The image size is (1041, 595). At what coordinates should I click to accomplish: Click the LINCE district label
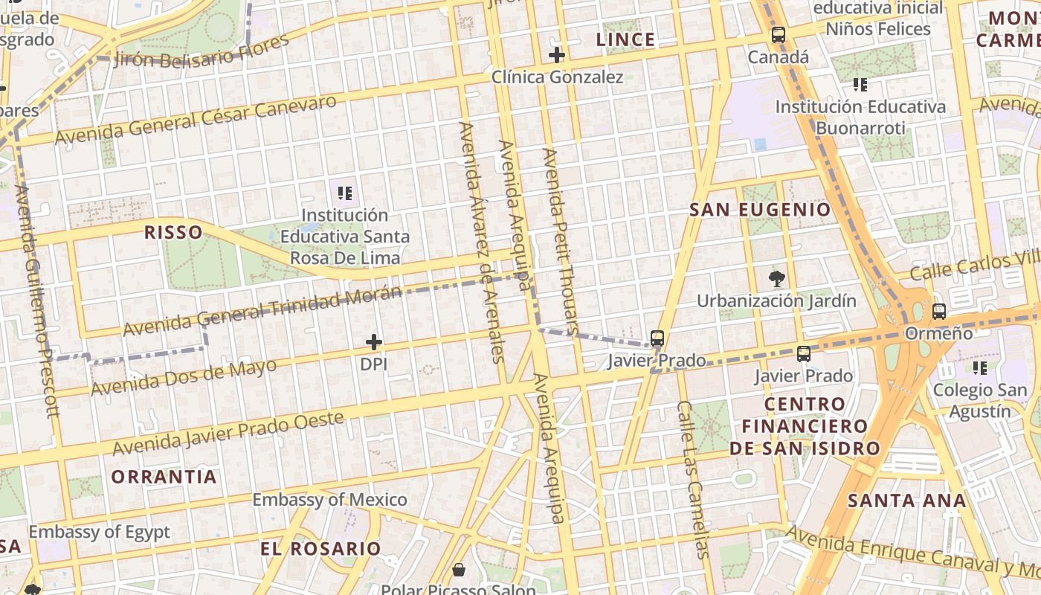point(625,39)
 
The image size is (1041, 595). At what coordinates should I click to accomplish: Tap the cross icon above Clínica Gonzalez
point(557,54)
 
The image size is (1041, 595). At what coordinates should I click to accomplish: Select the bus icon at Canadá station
point(778,35)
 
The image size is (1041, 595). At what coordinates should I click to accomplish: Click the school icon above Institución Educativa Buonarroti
point(860,85)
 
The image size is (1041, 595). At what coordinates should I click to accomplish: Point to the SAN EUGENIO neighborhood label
point(760,210)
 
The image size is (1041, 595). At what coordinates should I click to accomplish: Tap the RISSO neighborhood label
point(173,232)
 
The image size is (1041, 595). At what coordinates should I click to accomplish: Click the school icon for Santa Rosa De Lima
point(344,193)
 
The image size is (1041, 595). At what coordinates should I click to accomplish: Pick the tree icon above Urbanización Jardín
point(776,280)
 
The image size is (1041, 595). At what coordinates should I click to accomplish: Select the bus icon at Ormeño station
point(938,312)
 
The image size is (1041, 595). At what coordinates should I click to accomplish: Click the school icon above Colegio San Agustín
point(980,367)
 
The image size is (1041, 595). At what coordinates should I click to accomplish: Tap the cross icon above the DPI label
point(374,342)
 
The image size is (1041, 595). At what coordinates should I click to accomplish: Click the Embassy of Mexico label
point(329,499)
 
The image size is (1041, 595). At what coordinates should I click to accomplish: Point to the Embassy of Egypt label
point(99,532)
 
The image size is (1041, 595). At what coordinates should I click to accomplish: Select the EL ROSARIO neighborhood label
point(320,549)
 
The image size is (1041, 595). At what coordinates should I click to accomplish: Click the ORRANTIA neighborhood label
point(164,477)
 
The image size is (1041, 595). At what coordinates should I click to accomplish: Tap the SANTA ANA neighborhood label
point(906,501)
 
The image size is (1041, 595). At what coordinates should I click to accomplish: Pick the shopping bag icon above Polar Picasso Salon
point(460,570)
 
